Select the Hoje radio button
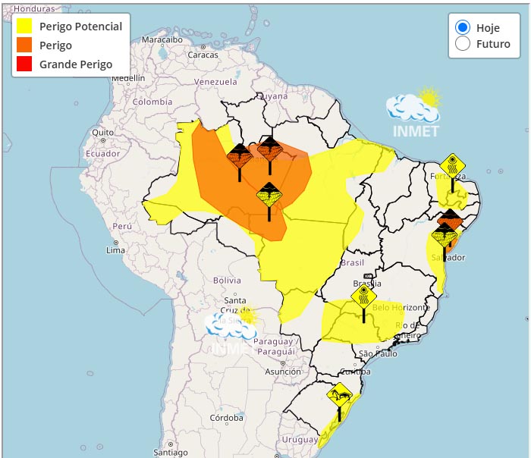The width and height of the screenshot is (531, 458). point(462,27)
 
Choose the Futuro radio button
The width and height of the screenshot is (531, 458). point(462,44)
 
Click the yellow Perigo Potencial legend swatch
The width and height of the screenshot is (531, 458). point(25,27)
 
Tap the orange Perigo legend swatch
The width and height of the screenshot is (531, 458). point(25,45)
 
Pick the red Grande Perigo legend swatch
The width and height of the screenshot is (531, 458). point(25,64)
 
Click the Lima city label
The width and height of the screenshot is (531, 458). point(115,249)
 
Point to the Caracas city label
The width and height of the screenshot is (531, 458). point(203,55)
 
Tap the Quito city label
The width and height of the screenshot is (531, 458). point(102,132)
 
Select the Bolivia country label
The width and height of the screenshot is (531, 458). point(227,280)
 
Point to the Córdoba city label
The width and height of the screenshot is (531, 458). point(227,417)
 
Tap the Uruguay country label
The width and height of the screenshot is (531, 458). point(299,440)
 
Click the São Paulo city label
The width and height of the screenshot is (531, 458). point(378,353)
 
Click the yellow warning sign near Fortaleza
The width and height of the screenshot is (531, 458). point(453,165)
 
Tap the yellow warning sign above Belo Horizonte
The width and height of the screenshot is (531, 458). point(364,296)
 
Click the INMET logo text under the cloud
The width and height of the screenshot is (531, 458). point(416,130)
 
